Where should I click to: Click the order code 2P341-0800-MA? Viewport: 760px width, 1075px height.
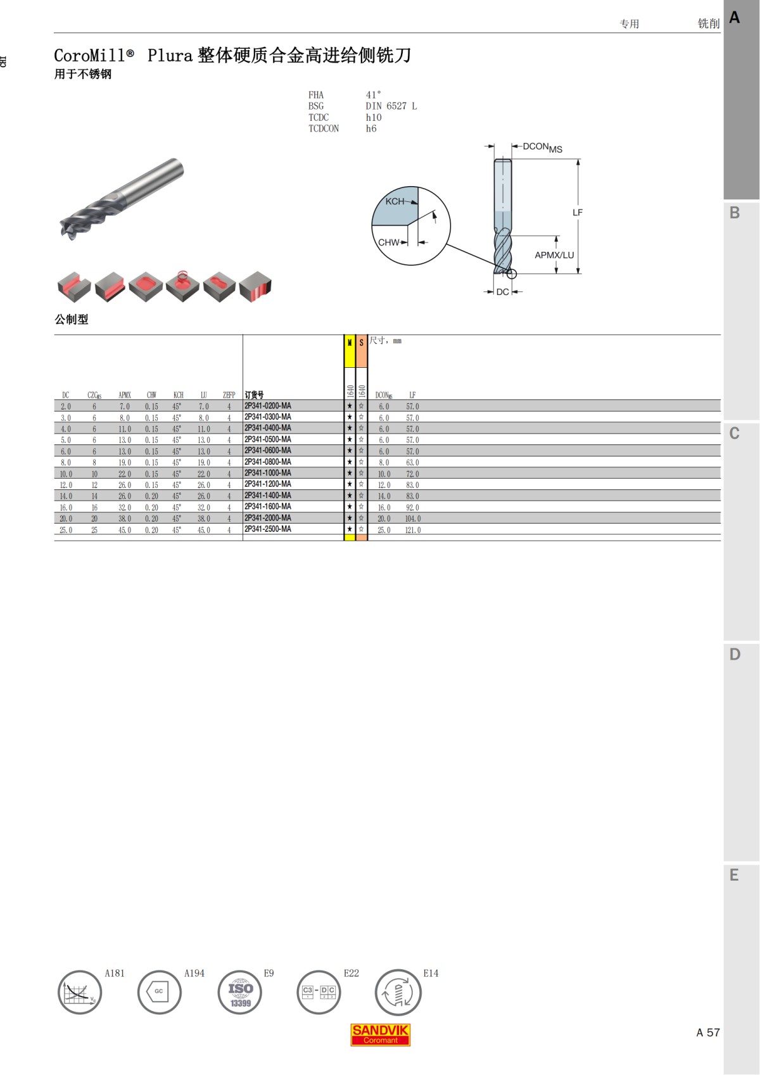coord(268,462)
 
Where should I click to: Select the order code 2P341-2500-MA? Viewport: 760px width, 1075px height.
coord(268,529)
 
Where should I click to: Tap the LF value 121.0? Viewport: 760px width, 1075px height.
coord(412,530)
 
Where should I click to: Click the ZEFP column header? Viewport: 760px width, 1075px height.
coord(229,395)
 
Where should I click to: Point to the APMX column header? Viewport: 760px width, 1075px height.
coord(125,395)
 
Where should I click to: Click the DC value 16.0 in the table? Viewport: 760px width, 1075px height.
coord(66,508)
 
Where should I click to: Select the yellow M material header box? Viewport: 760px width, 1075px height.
coord(350,351)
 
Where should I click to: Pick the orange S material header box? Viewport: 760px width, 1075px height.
coord(361,351)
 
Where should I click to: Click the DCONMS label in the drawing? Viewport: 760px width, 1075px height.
coord(542,148)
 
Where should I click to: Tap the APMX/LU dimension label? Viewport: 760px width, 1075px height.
coord(554,255)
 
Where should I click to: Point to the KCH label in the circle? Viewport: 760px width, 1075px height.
coord(395,201)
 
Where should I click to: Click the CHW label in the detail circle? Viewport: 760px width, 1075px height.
coord(389,242)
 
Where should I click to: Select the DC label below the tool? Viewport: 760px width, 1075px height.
coord(502,292)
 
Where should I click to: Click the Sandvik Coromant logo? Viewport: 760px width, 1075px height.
coord(380,1034)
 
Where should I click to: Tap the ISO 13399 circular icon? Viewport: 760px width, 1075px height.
coord(240,993)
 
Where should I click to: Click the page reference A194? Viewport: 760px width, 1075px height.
coord(194,973)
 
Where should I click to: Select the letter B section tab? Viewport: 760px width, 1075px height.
coord(735,213)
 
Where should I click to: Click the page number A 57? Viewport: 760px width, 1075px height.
coord(707,1033)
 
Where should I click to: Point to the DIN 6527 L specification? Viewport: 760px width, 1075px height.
coord(391,106)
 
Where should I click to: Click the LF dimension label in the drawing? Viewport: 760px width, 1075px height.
coord(577,213)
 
